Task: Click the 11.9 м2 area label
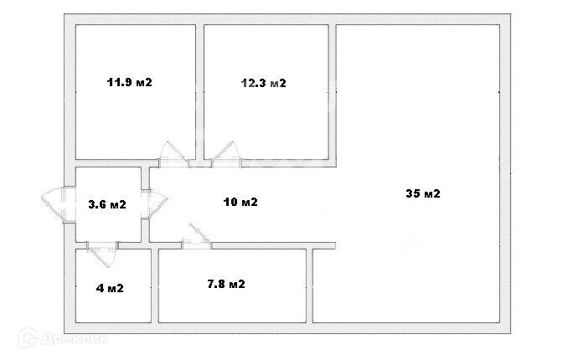(129, 82)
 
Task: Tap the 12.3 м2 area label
(263, 83)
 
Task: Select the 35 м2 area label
(422, 193)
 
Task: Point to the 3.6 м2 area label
(107, 203)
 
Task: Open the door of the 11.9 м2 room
(173, 154)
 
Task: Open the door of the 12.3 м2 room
(225, 154)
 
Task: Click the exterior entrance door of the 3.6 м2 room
(54, 203)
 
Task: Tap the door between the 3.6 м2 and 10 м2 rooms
(156, 203)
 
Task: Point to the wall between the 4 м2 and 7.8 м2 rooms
(155, 285)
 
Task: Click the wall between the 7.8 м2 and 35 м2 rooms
(311, 285)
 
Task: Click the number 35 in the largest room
(412, 193)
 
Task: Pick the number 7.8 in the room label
(216, 284)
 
